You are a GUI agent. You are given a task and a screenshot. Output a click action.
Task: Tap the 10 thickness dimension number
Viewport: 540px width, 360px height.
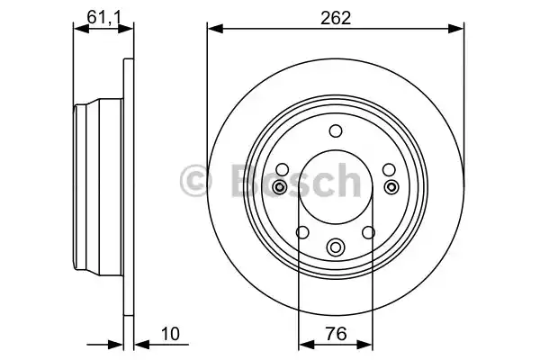pyautogui.click(x=170, y=334)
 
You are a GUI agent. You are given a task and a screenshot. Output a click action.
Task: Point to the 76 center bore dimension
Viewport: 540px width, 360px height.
pyautogui.click(x=335, y=334)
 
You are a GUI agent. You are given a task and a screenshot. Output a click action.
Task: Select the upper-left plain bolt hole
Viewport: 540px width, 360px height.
pyautogui.click(x=283, y=169)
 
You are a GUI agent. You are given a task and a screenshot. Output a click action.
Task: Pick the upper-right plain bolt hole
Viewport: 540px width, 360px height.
pyautogui.click(x=389, y=169)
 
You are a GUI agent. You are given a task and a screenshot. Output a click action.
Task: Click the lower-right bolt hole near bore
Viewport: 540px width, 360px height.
pyautogui.click(x=368, y=232)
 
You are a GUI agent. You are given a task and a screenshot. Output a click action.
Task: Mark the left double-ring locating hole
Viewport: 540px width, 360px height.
pyautogui.click(x=281, y=186)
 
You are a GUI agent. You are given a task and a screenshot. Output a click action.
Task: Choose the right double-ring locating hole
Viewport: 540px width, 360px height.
pyautogui.click(x=391, y=186)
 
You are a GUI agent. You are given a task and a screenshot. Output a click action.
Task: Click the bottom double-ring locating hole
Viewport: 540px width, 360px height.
pyautogui.click(x=336, y=247)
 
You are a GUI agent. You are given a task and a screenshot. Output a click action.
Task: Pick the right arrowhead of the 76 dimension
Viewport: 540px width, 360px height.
pyautogui.click(x=367, y=343)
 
